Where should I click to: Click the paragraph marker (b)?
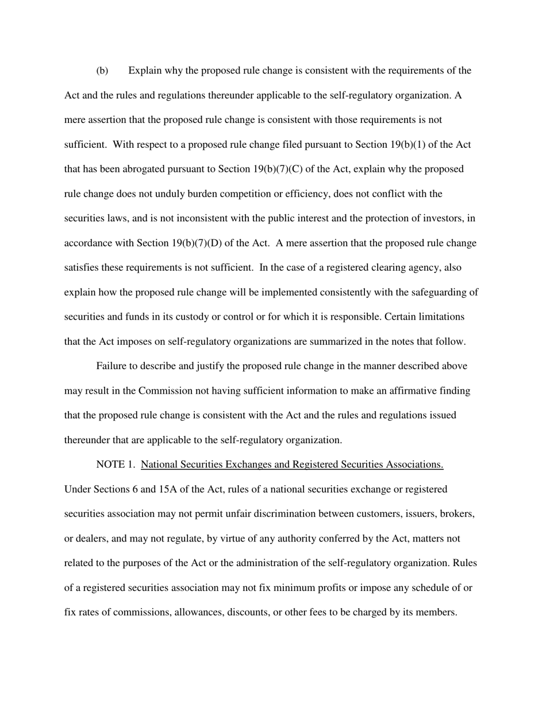pyautogui.click(x=102, y=71)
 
